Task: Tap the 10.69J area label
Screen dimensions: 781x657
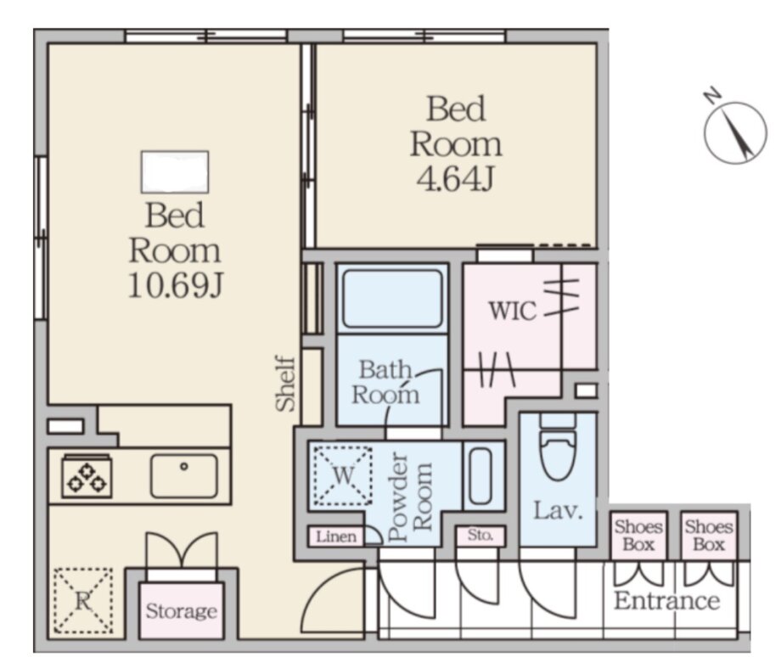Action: (x=176, y=286)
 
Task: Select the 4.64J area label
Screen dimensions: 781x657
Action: (x=455, y=179)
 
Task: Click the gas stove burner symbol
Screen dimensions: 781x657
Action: (x=87, y=476)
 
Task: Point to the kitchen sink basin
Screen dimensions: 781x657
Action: (x=184, y=475)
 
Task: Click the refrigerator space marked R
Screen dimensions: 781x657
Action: (x=82, y=601)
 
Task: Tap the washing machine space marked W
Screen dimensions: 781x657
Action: (x=343, y=475)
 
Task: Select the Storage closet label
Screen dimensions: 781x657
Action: (x=182, y=611)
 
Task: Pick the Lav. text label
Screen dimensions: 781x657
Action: (x=558, y=510)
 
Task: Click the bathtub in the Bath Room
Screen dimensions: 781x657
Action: (x=392, y=298)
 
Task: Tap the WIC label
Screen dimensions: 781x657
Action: (x=513, y=311)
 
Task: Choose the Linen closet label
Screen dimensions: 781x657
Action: (x=336, y=536)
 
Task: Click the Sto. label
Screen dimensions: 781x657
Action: (x=480, y=536)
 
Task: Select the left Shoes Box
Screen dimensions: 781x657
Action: (x=638, y=535)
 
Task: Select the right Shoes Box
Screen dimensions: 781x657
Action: (x=709, y=535)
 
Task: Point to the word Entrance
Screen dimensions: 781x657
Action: (x=667, y=600)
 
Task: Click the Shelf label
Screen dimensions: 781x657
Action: (x=286, y=383)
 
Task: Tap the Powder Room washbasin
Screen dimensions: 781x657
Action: (x=480, y=475)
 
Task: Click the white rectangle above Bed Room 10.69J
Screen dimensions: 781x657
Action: (x=175, y=171)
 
